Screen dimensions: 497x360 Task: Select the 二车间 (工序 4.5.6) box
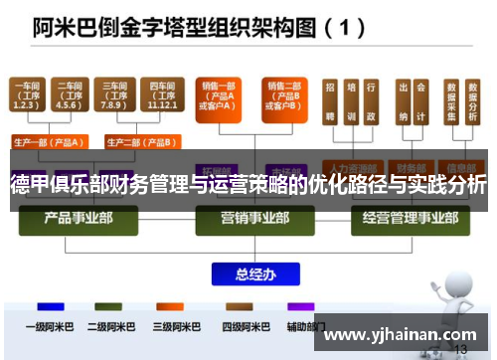[x=70, y=95]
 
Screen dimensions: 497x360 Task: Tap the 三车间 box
[x=112, y=95]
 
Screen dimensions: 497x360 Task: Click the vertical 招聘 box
[x=330, y=103]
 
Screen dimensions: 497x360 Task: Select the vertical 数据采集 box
[x=454, y=103]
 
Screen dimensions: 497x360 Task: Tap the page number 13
[x=460, y=350]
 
